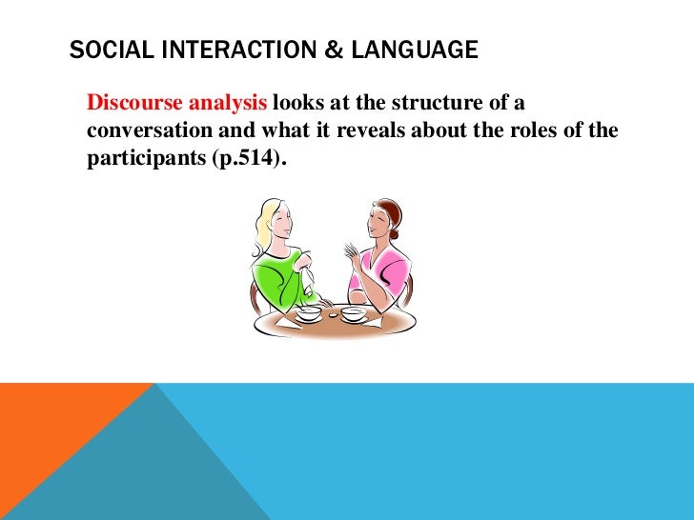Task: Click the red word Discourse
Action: [131, 103]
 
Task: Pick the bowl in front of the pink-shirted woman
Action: [353, 312]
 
